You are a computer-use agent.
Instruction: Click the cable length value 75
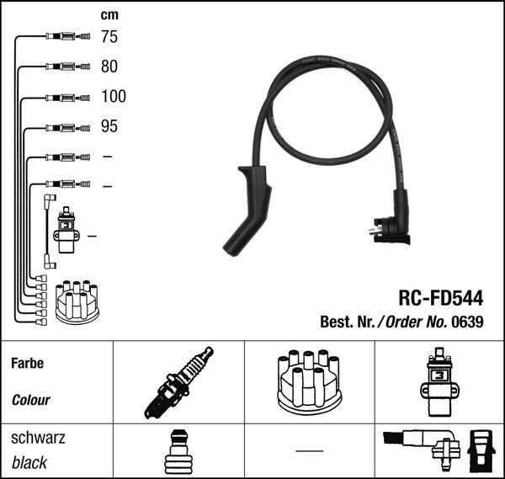click(109, 36)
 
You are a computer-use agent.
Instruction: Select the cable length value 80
click(109, 66)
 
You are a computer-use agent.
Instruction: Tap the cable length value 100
click(113, 96)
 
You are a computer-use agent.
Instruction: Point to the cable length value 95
click(109, 126)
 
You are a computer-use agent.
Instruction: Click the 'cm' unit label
click(109, 14)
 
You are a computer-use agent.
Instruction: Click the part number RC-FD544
click(439, 297)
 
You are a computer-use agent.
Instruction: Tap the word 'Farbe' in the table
click(27, 365)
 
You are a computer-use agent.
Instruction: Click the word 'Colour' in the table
click(31, 400)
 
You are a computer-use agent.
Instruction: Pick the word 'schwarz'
click(37, 439)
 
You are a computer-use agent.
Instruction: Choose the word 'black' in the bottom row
click(30, 462)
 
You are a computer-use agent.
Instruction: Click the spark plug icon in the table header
click(178, 382)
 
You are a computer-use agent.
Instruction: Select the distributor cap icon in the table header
click(308, 383)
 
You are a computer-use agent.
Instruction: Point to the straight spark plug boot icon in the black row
click(178, 452)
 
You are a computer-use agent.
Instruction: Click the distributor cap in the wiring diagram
click(77, 301)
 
